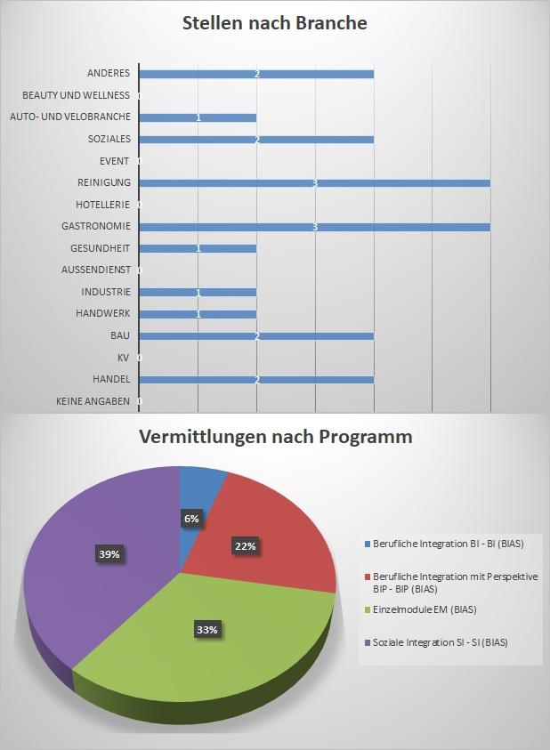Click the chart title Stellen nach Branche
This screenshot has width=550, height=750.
pyautogui.click(x=274, y=24)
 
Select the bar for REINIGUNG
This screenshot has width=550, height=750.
pyautogui.click(x=315, y=183)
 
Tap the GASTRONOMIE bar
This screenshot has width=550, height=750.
pyautogui.click(x=315, y=227)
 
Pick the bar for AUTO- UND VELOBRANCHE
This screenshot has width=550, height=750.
pyautogui.click(x=198, y=117)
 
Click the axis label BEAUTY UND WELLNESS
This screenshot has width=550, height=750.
pyautogui.click(x=77, y=95)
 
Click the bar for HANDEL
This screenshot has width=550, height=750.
pyautogui.click(x=256, y=380)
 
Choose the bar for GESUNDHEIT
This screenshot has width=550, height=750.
pyautogui.click(x=198, y=248)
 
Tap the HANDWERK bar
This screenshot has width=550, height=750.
pyautogui.click(x=198, y=314)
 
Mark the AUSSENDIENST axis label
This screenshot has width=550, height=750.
pyautogui.click(x=96, y=270)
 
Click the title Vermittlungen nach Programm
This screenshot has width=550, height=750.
pyautogui.click(x=274, y=438)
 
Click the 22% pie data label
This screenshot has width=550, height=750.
pyautogui.click(x=245, y=546)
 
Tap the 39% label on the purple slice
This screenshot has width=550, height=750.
pyautogui.click(x=109, y=553)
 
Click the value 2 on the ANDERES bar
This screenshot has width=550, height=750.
pyautogui.click(x=256, y=74)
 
